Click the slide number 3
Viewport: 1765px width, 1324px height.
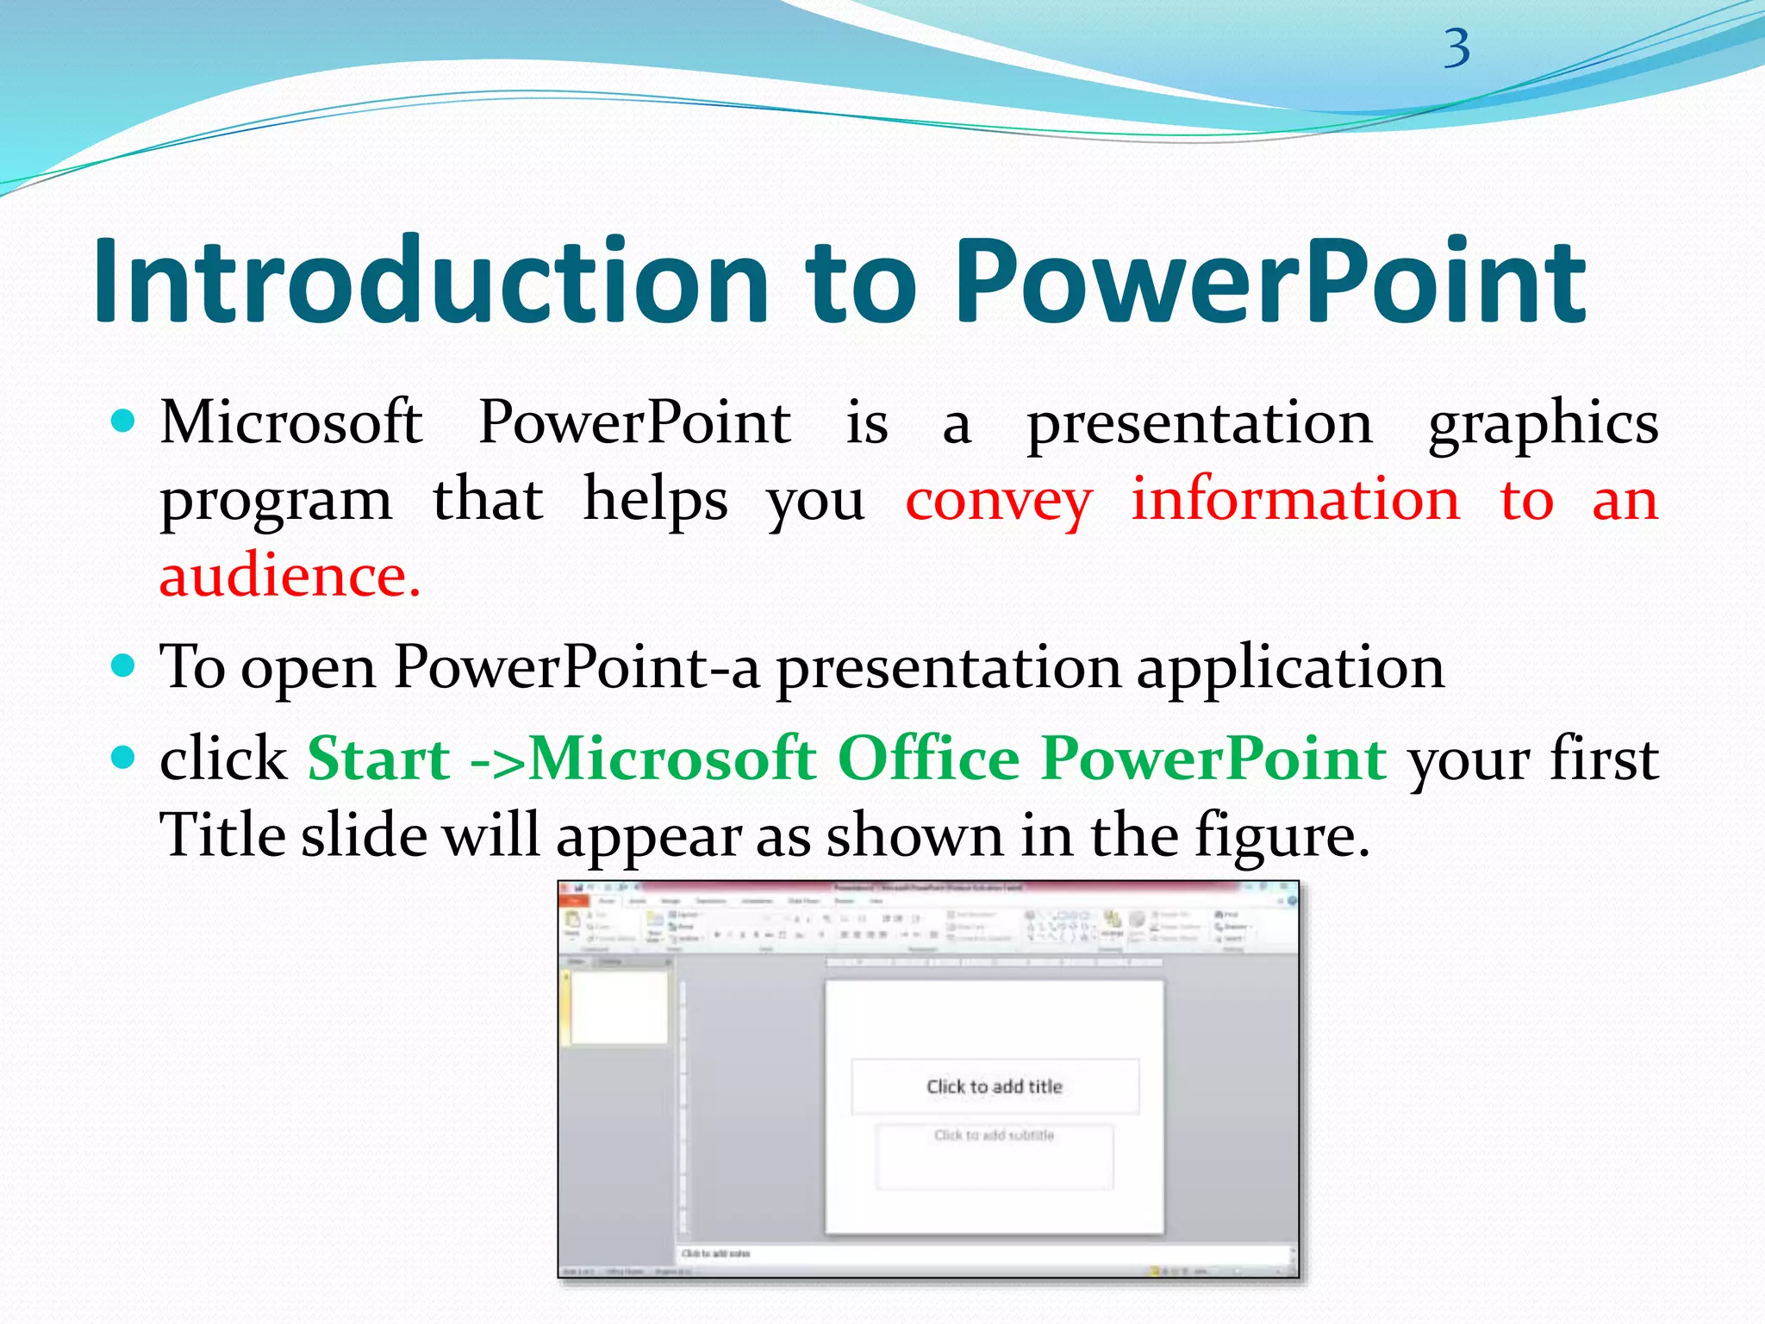pos(1457,49)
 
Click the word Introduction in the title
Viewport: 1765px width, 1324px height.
pos(431,282)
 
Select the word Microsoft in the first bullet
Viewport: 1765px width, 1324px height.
pos(291,422)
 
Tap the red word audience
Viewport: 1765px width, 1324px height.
pos(289,575)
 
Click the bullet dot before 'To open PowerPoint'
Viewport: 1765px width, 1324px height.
pos(124,666)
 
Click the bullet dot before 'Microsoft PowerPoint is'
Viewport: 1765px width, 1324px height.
pos(124,422)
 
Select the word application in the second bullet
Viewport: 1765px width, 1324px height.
pos(1290,669)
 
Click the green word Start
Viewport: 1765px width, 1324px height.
pos(379,759)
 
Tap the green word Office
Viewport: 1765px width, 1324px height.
pos(928,759)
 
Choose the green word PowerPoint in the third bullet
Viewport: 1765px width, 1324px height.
pos(1213,759)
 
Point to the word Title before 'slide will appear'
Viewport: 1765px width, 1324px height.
pos(222,834)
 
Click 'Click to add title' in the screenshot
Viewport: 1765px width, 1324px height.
pos(995,1087)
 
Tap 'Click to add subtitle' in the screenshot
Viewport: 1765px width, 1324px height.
pos(995,1136)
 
